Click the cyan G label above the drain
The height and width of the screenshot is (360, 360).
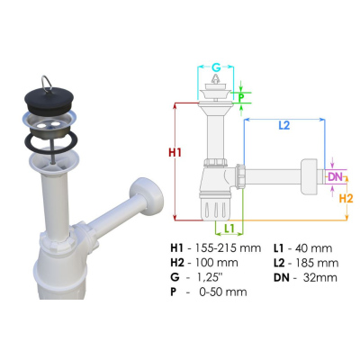[216, 67]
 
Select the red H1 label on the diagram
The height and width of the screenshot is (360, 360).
[175, 153]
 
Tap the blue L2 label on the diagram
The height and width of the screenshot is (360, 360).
[284, 125]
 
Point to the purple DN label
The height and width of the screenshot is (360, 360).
[335, 177]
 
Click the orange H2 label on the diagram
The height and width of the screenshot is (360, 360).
[346, 198]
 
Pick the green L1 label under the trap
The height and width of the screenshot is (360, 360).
[229, 229]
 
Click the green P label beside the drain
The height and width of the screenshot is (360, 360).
[241, 97]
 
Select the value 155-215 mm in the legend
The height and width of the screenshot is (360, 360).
[228, 248]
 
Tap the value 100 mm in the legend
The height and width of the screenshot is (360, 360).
[217, 263]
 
